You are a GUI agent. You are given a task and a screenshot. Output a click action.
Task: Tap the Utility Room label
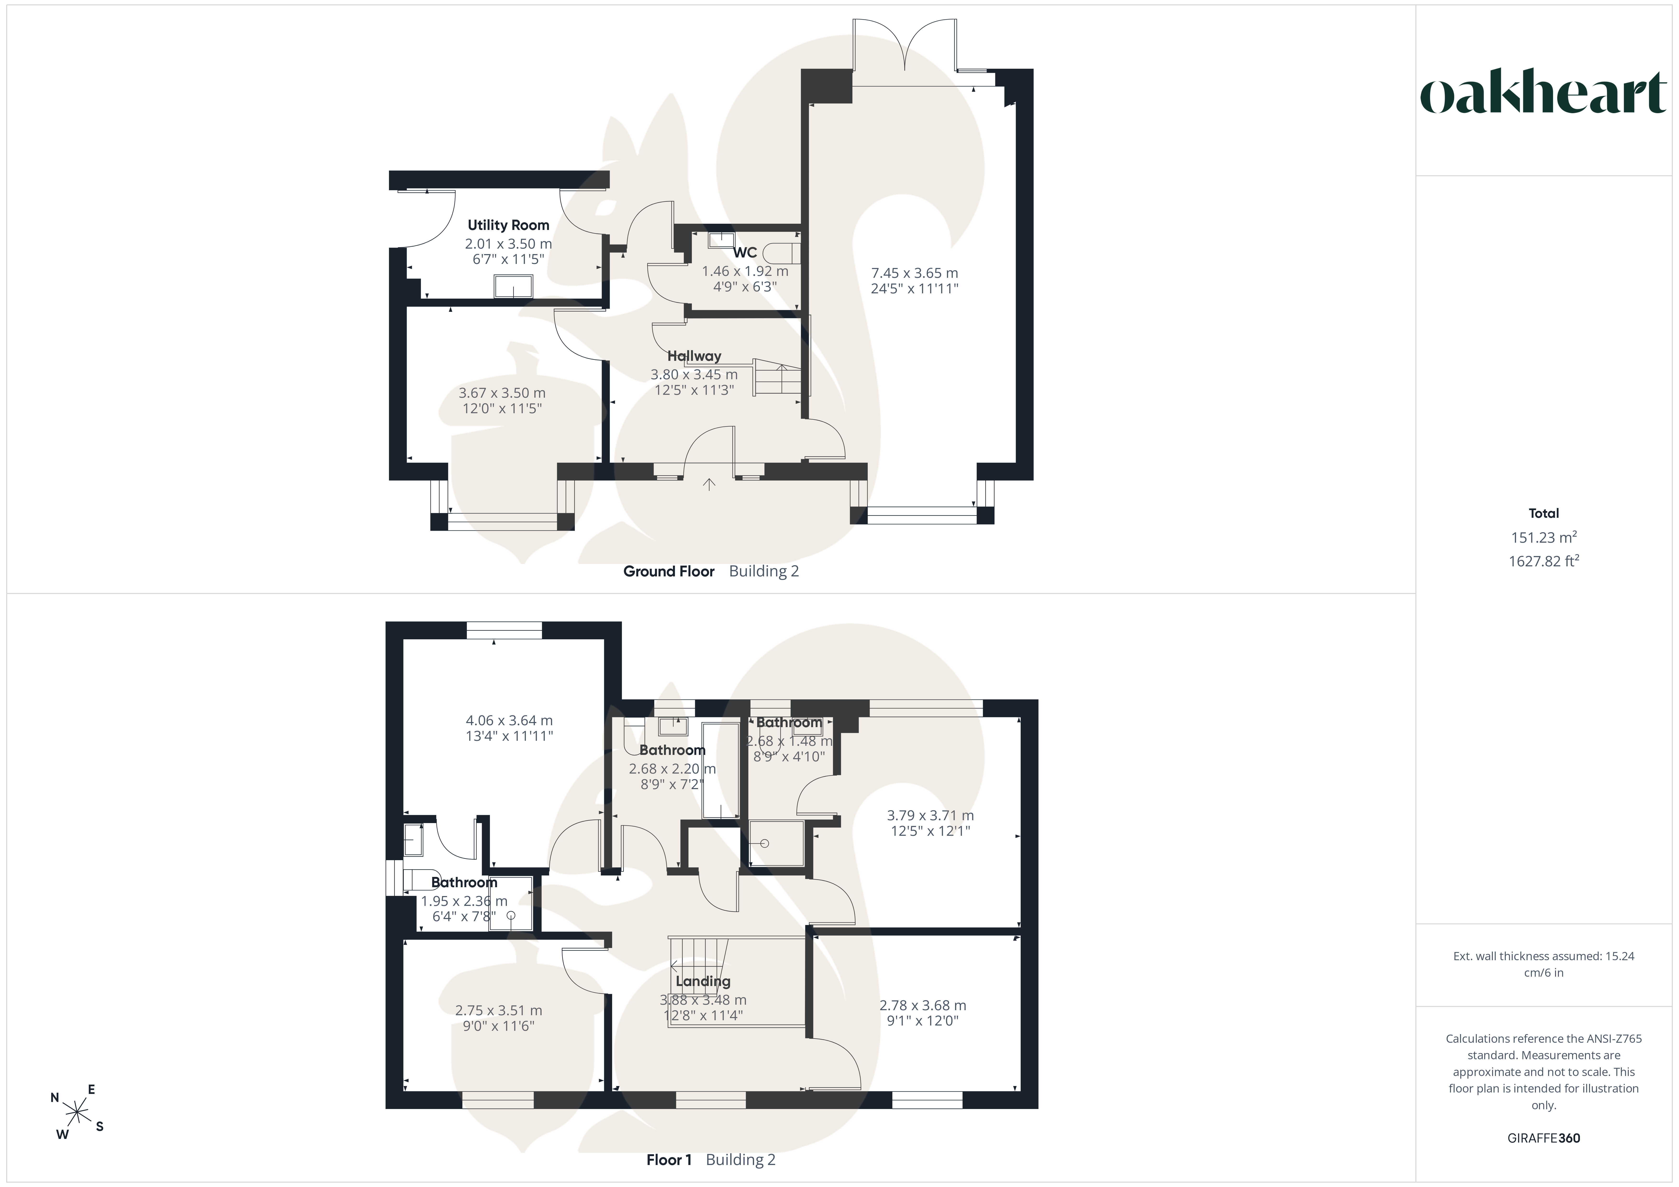click(508, 225)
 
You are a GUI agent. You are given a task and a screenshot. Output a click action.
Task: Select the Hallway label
click(694, 356)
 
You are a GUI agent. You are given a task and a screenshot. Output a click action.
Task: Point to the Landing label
click(703, 981)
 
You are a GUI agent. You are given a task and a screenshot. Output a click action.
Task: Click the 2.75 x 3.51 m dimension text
click(499, 1011)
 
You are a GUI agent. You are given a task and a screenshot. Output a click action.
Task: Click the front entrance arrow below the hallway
click(709, 483)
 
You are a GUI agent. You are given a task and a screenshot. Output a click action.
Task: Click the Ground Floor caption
click(668, 571)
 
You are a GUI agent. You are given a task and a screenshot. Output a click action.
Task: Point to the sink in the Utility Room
click(513, 286)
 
